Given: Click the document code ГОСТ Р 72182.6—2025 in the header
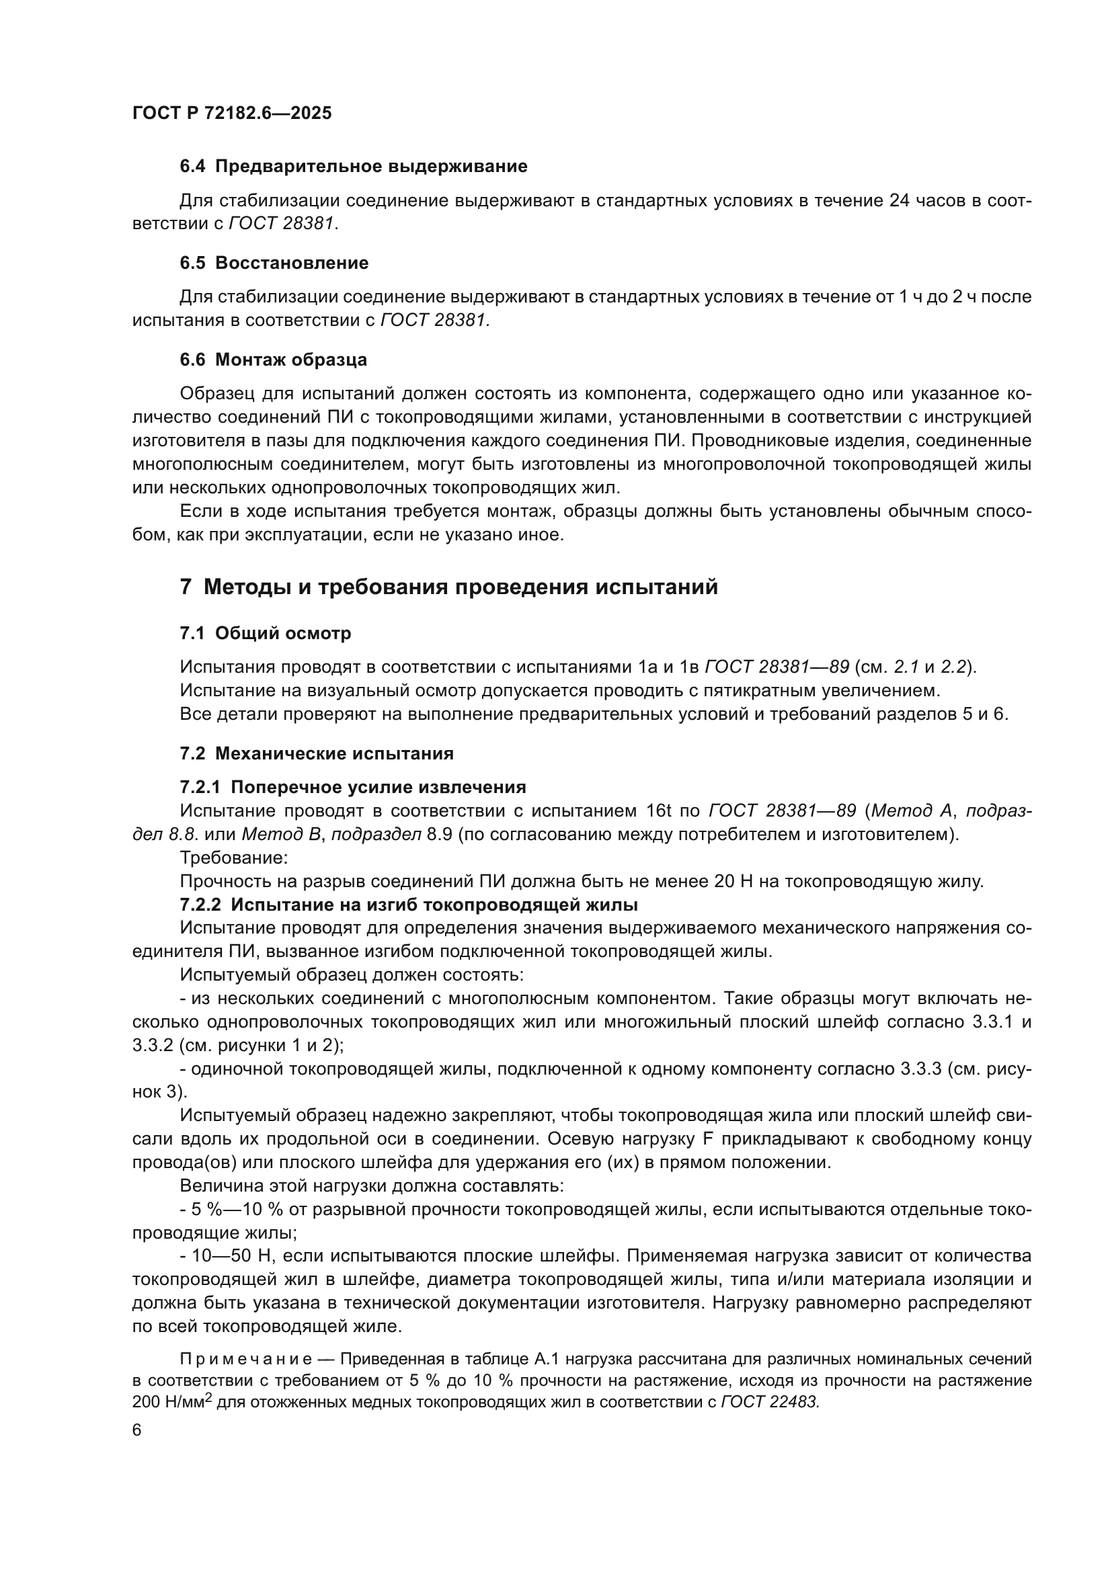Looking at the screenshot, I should (x=231, y=113).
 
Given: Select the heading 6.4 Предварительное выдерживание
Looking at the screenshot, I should (x=354, y=167).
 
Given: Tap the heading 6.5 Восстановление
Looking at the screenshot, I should (x=274, y=263).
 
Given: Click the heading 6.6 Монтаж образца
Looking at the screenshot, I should (x=273, y=360).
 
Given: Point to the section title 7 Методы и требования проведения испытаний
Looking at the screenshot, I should (x=448, y=587).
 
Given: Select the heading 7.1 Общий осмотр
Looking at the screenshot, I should (x=265, y=633).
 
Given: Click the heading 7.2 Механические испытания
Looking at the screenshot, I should (x=317, y=754).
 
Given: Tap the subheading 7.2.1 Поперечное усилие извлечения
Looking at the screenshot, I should (x=353, y=788).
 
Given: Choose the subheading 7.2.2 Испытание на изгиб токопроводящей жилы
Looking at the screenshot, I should (x=409, y=905).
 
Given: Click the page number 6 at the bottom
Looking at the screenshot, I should (x=137, y=1430).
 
